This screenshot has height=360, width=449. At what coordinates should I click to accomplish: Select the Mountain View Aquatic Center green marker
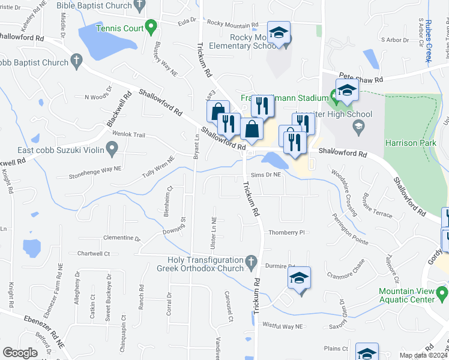tap(443, 295)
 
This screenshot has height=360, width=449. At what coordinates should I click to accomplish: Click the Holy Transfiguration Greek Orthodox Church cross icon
tap(252, 262)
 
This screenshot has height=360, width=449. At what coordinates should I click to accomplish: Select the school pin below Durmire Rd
tap(300, 278)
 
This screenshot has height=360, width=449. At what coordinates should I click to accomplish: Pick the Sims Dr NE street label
tap(266, 175)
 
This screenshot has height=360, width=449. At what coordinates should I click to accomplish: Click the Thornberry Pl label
tap(288, 232)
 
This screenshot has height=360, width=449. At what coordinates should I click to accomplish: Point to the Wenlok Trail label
tap(129, 135)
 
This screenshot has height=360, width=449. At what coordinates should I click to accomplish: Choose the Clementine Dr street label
tap(122, 238)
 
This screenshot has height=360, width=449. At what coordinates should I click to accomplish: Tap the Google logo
tap(20, 353)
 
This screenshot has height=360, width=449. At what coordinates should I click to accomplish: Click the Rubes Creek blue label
tap(429, 40)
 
